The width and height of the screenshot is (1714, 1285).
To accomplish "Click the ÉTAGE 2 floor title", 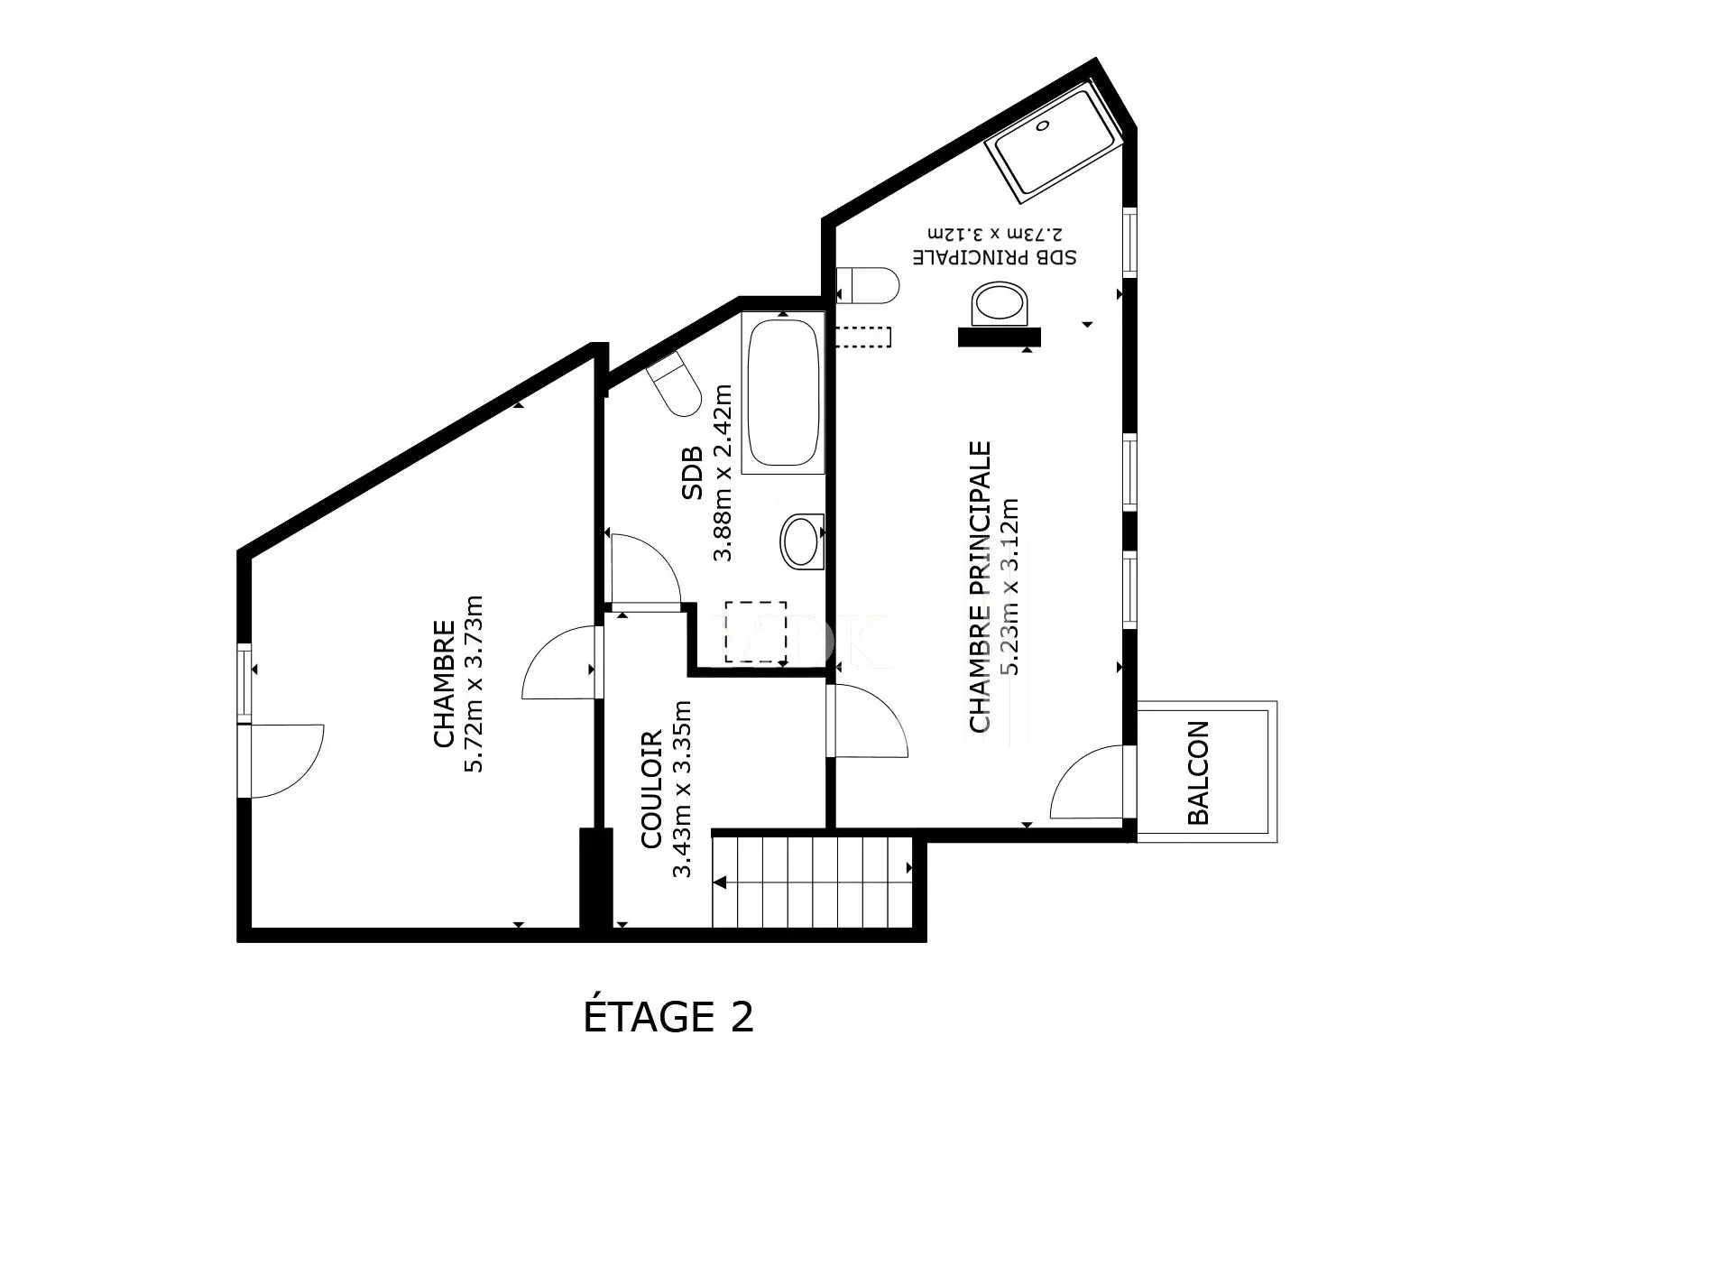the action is coord(668,1017).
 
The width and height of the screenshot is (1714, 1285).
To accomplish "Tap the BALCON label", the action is coord(1197,773).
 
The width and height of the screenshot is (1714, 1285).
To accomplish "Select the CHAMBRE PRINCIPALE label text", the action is coord(981,587).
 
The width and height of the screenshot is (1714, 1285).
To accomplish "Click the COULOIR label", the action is coord(652,790).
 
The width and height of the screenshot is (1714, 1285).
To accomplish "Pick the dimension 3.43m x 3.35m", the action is coord(682,790).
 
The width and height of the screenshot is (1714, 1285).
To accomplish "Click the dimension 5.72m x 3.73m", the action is coord(474,683).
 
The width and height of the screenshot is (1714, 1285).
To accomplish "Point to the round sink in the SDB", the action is coord(802,541).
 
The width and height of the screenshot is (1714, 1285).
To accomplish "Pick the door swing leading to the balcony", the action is coord(1087,781).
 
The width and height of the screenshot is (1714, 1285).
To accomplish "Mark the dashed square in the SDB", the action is coord(756,633).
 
